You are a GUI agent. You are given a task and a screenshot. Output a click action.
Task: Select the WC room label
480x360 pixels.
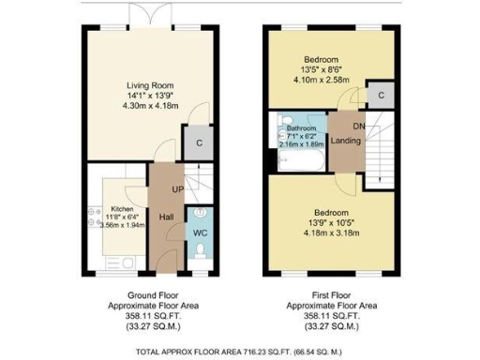pyautogui.click(x=201, y=232)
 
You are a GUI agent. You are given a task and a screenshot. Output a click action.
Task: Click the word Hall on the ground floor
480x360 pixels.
pyautogui.click(x=166, y=217)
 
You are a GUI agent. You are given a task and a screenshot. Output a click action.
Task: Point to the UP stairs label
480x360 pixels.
pyautogui.click(x=176, y=190)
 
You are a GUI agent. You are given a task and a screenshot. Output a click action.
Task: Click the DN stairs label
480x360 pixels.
pyautogui.click(x=359, y=125)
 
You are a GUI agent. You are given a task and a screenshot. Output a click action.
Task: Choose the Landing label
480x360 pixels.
pyautogui.click(x=346, y=141)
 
